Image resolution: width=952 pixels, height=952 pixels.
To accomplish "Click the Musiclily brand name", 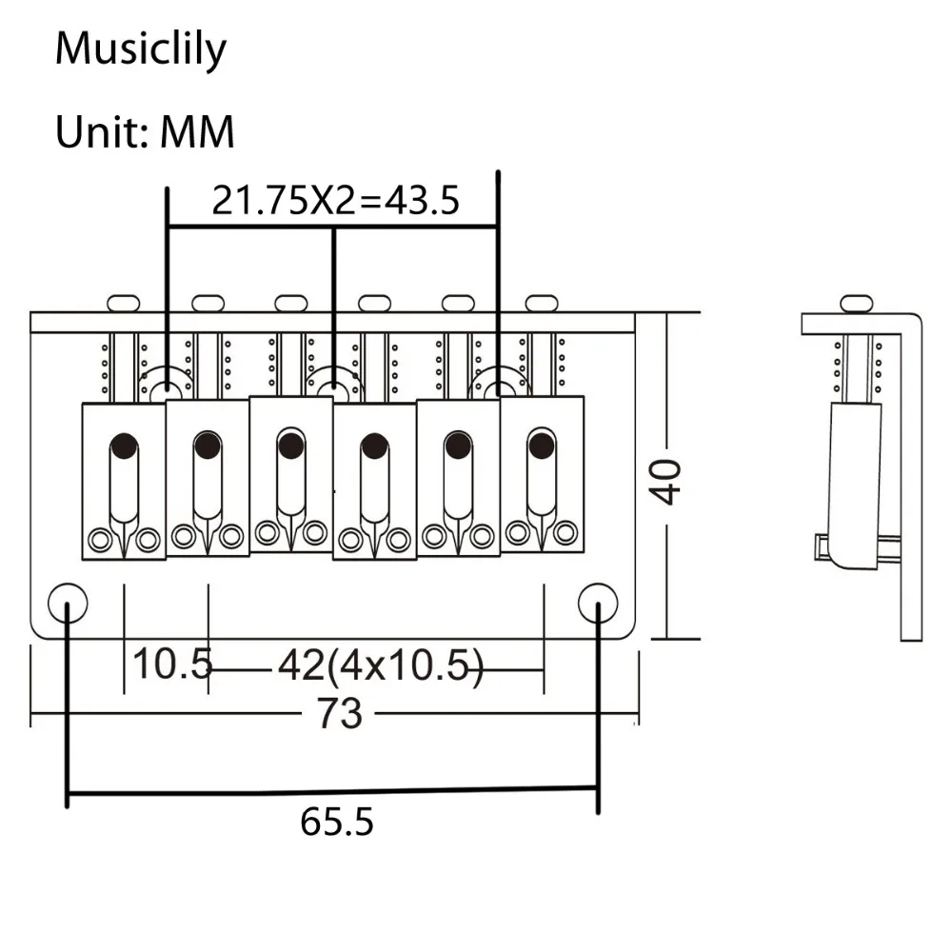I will (141, 49).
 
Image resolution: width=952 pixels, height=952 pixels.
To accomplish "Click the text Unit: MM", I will (145, 131).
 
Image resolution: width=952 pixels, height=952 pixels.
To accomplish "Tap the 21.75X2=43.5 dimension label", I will (335, 201).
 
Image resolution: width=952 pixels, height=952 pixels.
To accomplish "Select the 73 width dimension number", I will (339, 712).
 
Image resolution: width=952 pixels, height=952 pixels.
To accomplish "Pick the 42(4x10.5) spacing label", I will (381, 664).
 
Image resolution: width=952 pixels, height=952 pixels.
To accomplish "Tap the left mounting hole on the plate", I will (67, 601).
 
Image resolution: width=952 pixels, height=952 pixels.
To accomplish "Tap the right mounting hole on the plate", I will (598, 601).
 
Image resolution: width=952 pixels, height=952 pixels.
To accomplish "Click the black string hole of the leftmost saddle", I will (124, 445).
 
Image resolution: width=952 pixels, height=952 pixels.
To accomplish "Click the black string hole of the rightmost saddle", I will (542, 445).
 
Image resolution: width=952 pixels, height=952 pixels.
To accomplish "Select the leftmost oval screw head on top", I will (124, 303).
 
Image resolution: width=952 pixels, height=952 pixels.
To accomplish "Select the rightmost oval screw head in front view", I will (542, 303).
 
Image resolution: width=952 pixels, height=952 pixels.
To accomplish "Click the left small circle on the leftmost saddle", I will (99, 541).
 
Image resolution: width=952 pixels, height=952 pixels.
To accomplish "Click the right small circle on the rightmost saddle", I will (566, 531).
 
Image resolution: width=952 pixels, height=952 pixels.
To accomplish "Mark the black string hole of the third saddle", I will (291, 445).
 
